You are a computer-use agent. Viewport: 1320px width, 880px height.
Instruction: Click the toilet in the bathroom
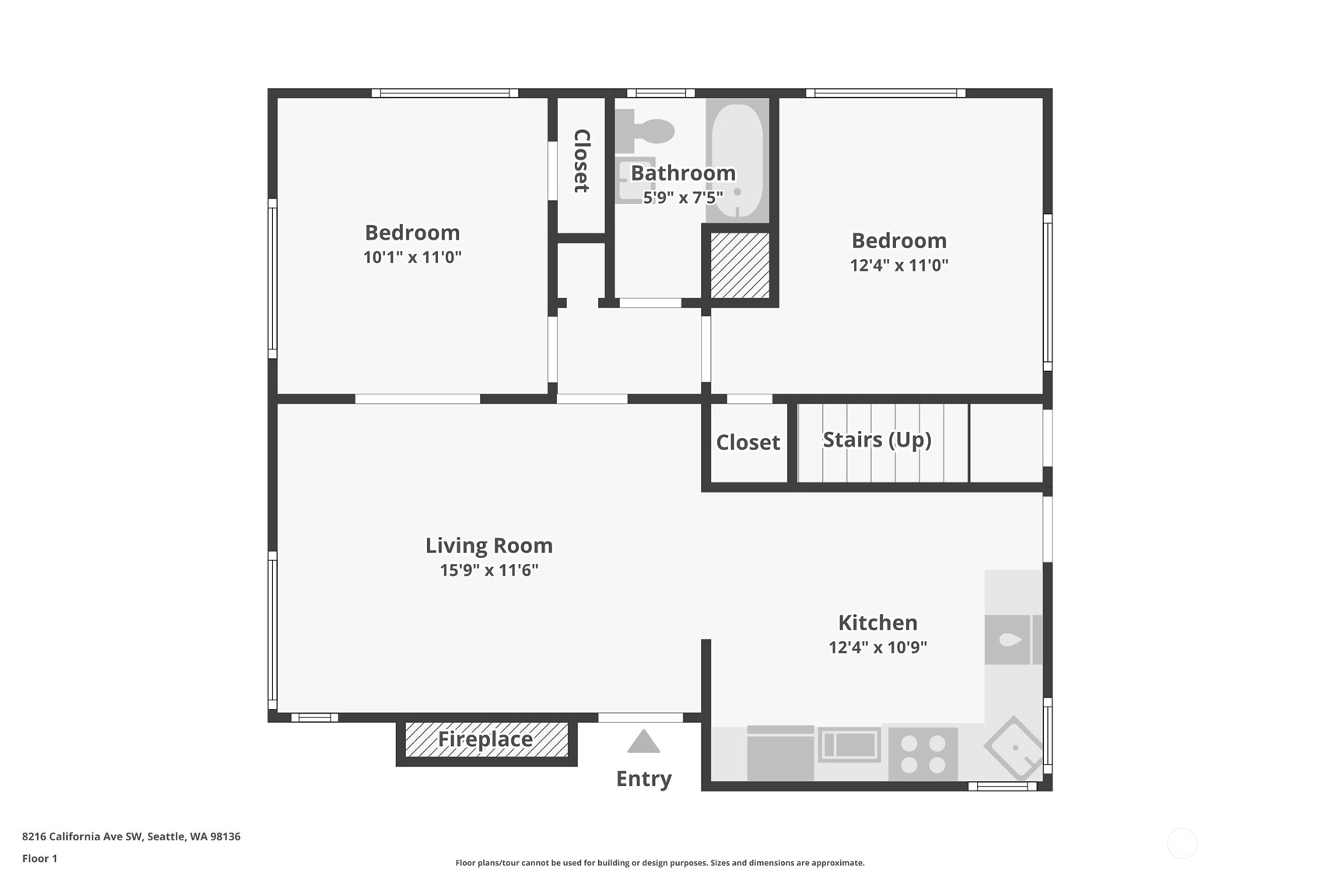coord(645,131)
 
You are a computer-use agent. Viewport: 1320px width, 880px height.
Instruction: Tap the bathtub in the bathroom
coord(738,160)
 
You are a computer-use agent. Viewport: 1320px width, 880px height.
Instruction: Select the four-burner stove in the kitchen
coord(923,755)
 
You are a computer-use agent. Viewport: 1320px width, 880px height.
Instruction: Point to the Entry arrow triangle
coord(643,742)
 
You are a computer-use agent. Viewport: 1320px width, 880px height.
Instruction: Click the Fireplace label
coord(485,739)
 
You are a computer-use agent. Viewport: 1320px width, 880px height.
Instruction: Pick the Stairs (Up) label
coord(877,440)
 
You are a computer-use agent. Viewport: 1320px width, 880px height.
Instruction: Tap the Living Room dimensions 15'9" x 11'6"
coord(489,570)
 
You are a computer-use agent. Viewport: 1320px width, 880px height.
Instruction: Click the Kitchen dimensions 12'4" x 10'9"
coord(878,647)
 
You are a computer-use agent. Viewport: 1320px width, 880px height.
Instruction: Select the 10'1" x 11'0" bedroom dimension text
coord(412,257)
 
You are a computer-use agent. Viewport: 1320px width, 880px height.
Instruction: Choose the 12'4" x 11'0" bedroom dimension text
coord(899,265)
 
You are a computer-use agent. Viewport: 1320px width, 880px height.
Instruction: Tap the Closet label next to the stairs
coord(748,442)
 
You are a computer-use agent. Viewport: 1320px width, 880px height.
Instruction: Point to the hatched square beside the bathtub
coord(740,265)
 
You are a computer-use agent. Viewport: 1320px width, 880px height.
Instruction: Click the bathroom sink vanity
coord(635,181)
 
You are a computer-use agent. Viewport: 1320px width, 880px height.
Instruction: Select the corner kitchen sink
coord(1014,748)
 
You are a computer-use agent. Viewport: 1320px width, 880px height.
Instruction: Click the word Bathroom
coord(683,173)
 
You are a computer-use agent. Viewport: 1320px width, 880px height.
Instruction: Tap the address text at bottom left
coord(131,836)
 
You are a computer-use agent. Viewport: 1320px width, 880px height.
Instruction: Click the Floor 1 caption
coord(40,858)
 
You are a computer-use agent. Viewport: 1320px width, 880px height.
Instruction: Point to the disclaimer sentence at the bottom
coord(660,863)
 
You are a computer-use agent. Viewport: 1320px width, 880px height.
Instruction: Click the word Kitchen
coord(878,622)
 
